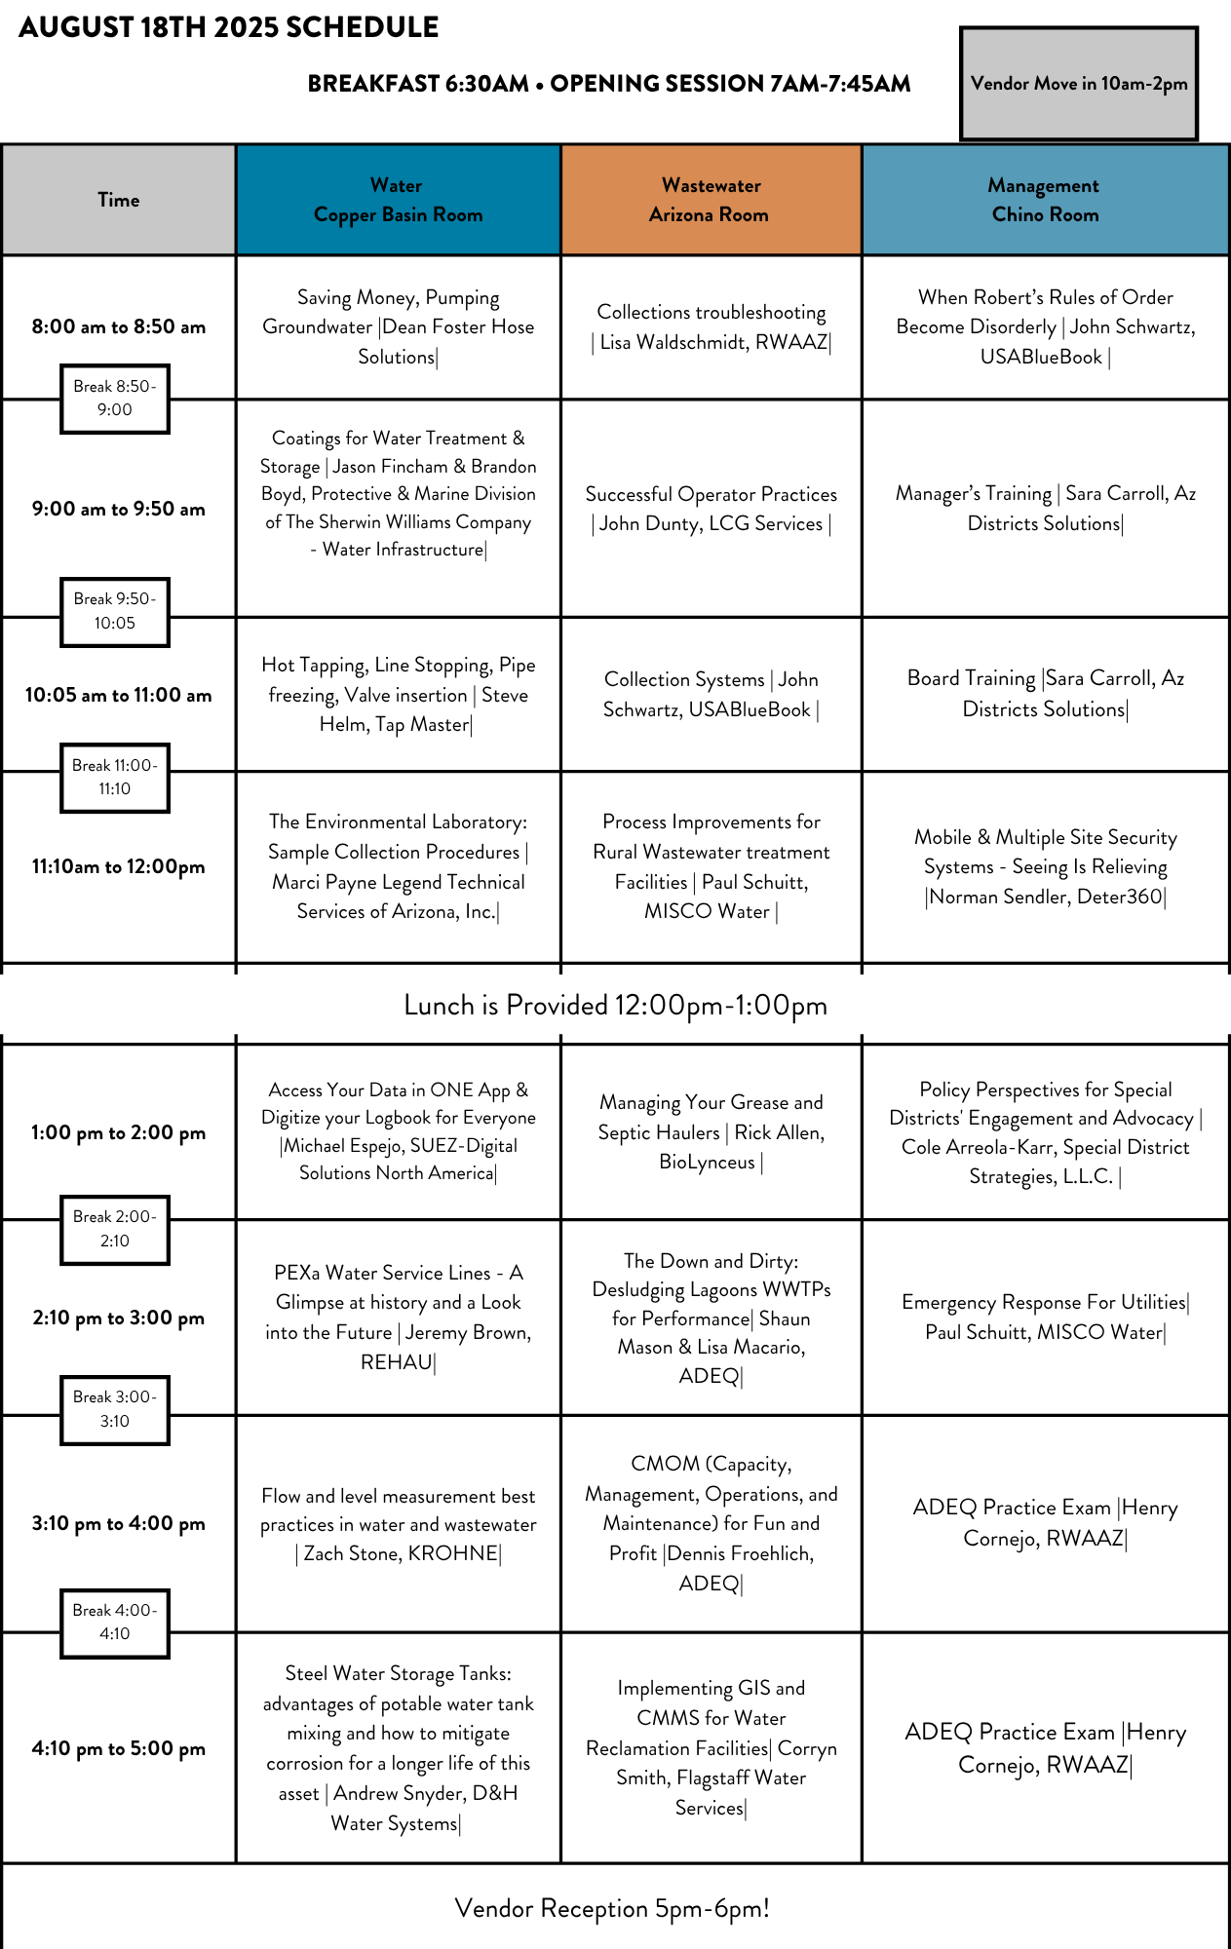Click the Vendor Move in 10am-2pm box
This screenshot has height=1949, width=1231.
1079,84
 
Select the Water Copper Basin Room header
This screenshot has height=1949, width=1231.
398,200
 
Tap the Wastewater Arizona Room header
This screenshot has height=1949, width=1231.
711,200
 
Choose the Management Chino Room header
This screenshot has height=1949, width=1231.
1045,200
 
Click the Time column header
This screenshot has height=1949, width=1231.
119,200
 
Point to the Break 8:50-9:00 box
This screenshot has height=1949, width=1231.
115,399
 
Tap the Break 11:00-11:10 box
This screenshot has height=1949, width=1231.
115,778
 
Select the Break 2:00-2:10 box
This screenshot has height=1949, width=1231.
115,1229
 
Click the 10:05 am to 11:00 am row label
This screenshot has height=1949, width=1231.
119,695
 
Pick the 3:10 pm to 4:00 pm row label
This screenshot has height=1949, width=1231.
119,1523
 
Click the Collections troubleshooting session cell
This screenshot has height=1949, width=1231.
712,326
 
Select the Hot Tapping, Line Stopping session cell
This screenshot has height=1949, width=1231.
398,695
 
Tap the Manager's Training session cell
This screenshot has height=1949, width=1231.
1045,509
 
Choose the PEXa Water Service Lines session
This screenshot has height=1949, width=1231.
398,1317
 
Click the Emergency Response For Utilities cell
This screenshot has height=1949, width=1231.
1045,1317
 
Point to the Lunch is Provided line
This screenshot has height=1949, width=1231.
615,1006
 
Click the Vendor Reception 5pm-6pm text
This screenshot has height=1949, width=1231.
612,1908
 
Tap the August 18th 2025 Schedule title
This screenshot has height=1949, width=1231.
229,27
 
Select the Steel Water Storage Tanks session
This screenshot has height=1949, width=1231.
398,1747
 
